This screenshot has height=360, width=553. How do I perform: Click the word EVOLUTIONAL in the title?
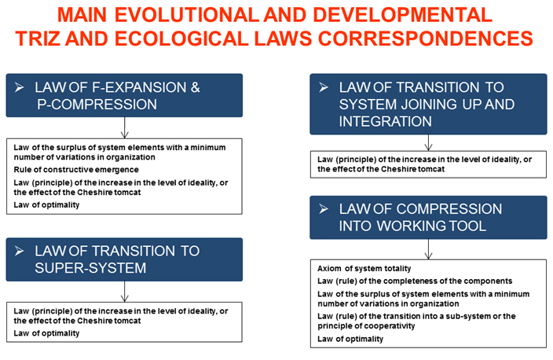(187, 15)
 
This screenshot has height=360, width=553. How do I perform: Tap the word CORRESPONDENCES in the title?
(425, 39)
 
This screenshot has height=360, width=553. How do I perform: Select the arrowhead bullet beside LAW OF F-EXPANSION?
(20, 87)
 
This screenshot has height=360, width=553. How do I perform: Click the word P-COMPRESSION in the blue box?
(97, 105)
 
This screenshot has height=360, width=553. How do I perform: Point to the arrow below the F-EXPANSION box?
(124, 127)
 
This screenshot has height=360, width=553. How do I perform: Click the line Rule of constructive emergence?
(76, 170)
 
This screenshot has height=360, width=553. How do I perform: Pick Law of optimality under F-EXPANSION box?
(46, 205)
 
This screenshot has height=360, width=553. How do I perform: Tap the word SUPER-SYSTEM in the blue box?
(90, 268)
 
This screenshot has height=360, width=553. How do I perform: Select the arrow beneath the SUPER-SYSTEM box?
(124, 292)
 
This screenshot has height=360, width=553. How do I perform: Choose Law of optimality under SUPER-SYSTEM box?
(46, 333)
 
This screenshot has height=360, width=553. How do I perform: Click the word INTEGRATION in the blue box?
(385, 122)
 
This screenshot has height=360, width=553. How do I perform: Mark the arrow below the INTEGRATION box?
(429, 142)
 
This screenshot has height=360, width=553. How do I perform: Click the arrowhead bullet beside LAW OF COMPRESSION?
(324, 209)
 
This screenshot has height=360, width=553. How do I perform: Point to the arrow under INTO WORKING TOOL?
(429, 249)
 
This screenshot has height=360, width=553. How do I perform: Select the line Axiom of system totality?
(364, 269)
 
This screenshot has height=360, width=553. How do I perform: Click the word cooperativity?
(392, 326)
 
